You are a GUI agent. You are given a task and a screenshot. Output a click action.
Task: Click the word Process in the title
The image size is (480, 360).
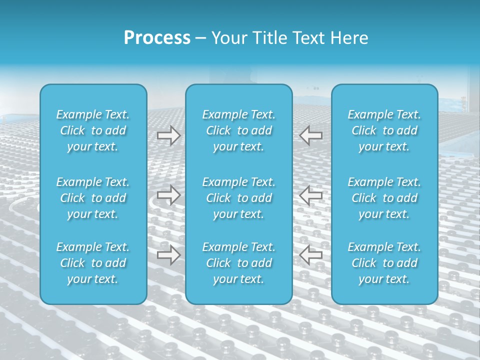157,38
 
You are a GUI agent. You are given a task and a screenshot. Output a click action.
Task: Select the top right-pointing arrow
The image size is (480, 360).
168,135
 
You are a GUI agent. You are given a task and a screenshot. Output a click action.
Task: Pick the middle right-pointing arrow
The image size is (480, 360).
168,195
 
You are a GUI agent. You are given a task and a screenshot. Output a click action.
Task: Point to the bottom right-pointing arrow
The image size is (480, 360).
168,255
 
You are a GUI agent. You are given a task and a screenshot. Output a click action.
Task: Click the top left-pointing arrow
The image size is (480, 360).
311,135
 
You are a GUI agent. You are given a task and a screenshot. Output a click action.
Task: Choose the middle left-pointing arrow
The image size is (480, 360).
311,195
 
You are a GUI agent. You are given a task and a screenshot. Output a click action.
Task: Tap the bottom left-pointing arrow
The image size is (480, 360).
311,255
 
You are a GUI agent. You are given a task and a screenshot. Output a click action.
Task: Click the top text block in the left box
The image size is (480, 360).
93,130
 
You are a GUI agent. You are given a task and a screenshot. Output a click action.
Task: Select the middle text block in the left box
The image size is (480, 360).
93,198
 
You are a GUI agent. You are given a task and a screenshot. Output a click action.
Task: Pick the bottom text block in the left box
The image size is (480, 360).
93,263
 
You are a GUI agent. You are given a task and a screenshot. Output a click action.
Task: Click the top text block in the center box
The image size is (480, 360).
239,130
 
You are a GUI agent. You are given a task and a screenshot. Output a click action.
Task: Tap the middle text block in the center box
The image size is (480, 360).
239,198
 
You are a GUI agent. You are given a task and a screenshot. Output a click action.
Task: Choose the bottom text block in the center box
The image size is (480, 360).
239,263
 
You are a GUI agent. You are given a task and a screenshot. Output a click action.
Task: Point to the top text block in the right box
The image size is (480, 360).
384,130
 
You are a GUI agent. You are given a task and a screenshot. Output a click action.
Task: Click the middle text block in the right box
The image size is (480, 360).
384,198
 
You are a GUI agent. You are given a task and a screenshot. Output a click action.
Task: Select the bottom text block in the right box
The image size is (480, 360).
384,263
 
